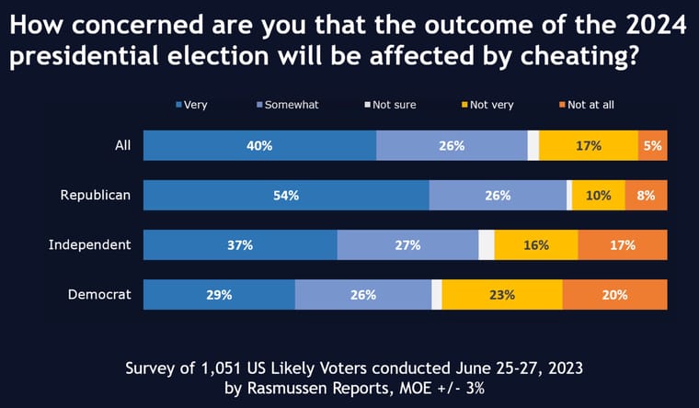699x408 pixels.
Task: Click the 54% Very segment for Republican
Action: point(286,195)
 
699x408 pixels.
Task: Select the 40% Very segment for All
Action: point(259,145)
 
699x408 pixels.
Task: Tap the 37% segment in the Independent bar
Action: point(240,244)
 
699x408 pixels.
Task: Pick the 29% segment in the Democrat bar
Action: point(219,295)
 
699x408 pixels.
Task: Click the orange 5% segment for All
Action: point(653,145)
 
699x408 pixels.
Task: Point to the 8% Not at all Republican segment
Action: point(647,195)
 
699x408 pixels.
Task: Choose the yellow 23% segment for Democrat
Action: point(502,295)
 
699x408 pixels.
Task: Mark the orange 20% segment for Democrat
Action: point(614,295)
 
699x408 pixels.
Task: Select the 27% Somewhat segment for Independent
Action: point(407,244)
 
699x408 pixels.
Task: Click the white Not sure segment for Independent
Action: point(487,244)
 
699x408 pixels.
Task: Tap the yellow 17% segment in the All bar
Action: point(589,145)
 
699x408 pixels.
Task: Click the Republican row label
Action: point(96,195)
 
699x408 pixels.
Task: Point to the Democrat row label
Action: point(100,295)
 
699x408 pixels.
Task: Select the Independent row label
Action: point(90,244)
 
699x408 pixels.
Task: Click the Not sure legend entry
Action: point(394,105)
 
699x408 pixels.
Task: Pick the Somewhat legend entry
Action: point(291,105)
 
